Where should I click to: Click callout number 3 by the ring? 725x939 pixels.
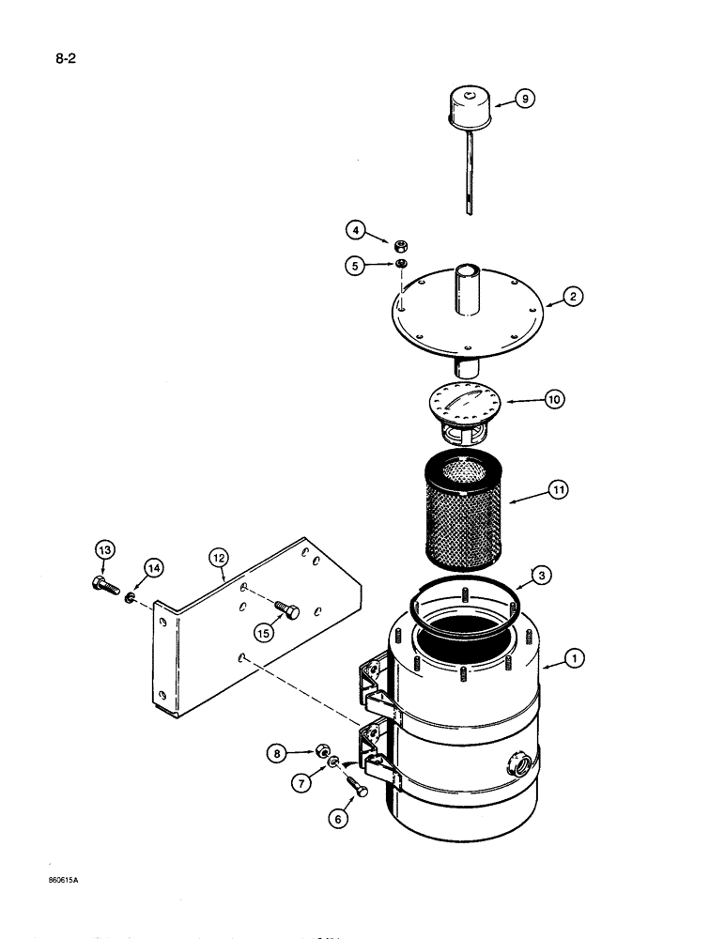[x=541, y=575]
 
